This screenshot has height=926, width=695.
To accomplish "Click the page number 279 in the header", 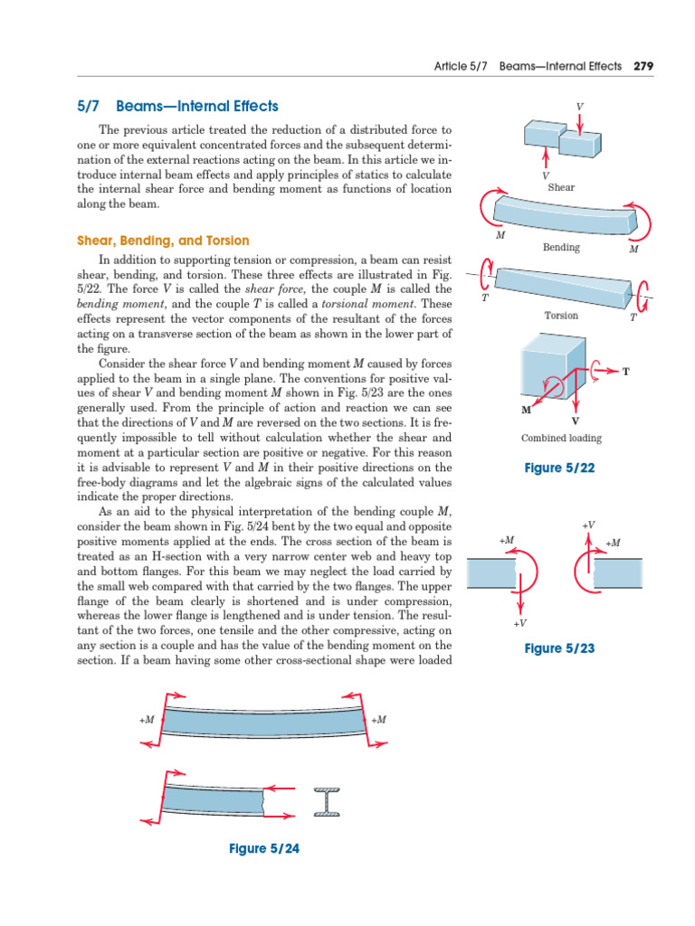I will (643, 66).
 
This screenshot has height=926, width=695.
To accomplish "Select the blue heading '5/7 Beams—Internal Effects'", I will (178, 107).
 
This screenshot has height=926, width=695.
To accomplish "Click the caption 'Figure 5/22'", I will (560, 468).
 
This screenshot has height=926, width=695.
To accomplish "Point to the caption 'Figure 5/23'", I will (560, 649).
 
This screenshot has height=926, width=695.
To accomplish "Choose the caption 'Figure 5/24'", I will (263, 848).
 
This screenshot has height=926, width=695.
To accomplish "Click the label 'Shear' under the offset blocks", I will (561, 187).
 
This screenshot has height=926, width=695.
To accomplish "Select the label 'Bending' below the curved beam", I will (561, 247).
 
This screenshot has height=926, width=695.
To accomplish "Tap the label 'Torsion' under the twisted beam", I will (561, 316).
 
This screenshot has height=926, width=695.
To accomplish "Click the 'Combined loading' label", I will (561, 439).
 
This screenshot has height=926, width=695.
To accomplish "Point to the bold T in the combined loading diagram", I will (625, 372).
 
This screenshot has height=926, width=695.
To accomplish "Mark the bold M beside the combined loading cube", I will (526, 410).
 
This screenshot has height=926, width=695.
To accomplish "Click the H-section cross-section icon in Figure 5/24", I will (326, 801).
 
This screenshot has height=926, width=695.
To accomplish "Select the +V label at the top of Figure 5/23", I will (588, 525).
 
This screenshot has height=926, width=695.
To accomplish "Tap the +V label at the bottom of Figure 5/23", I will (520, 624).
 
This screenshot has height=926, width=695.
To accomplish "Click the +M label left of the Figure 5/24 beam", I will (148, 720).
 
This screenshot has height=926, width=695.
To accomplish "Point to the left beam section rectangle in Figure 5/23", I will (490, 573).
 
